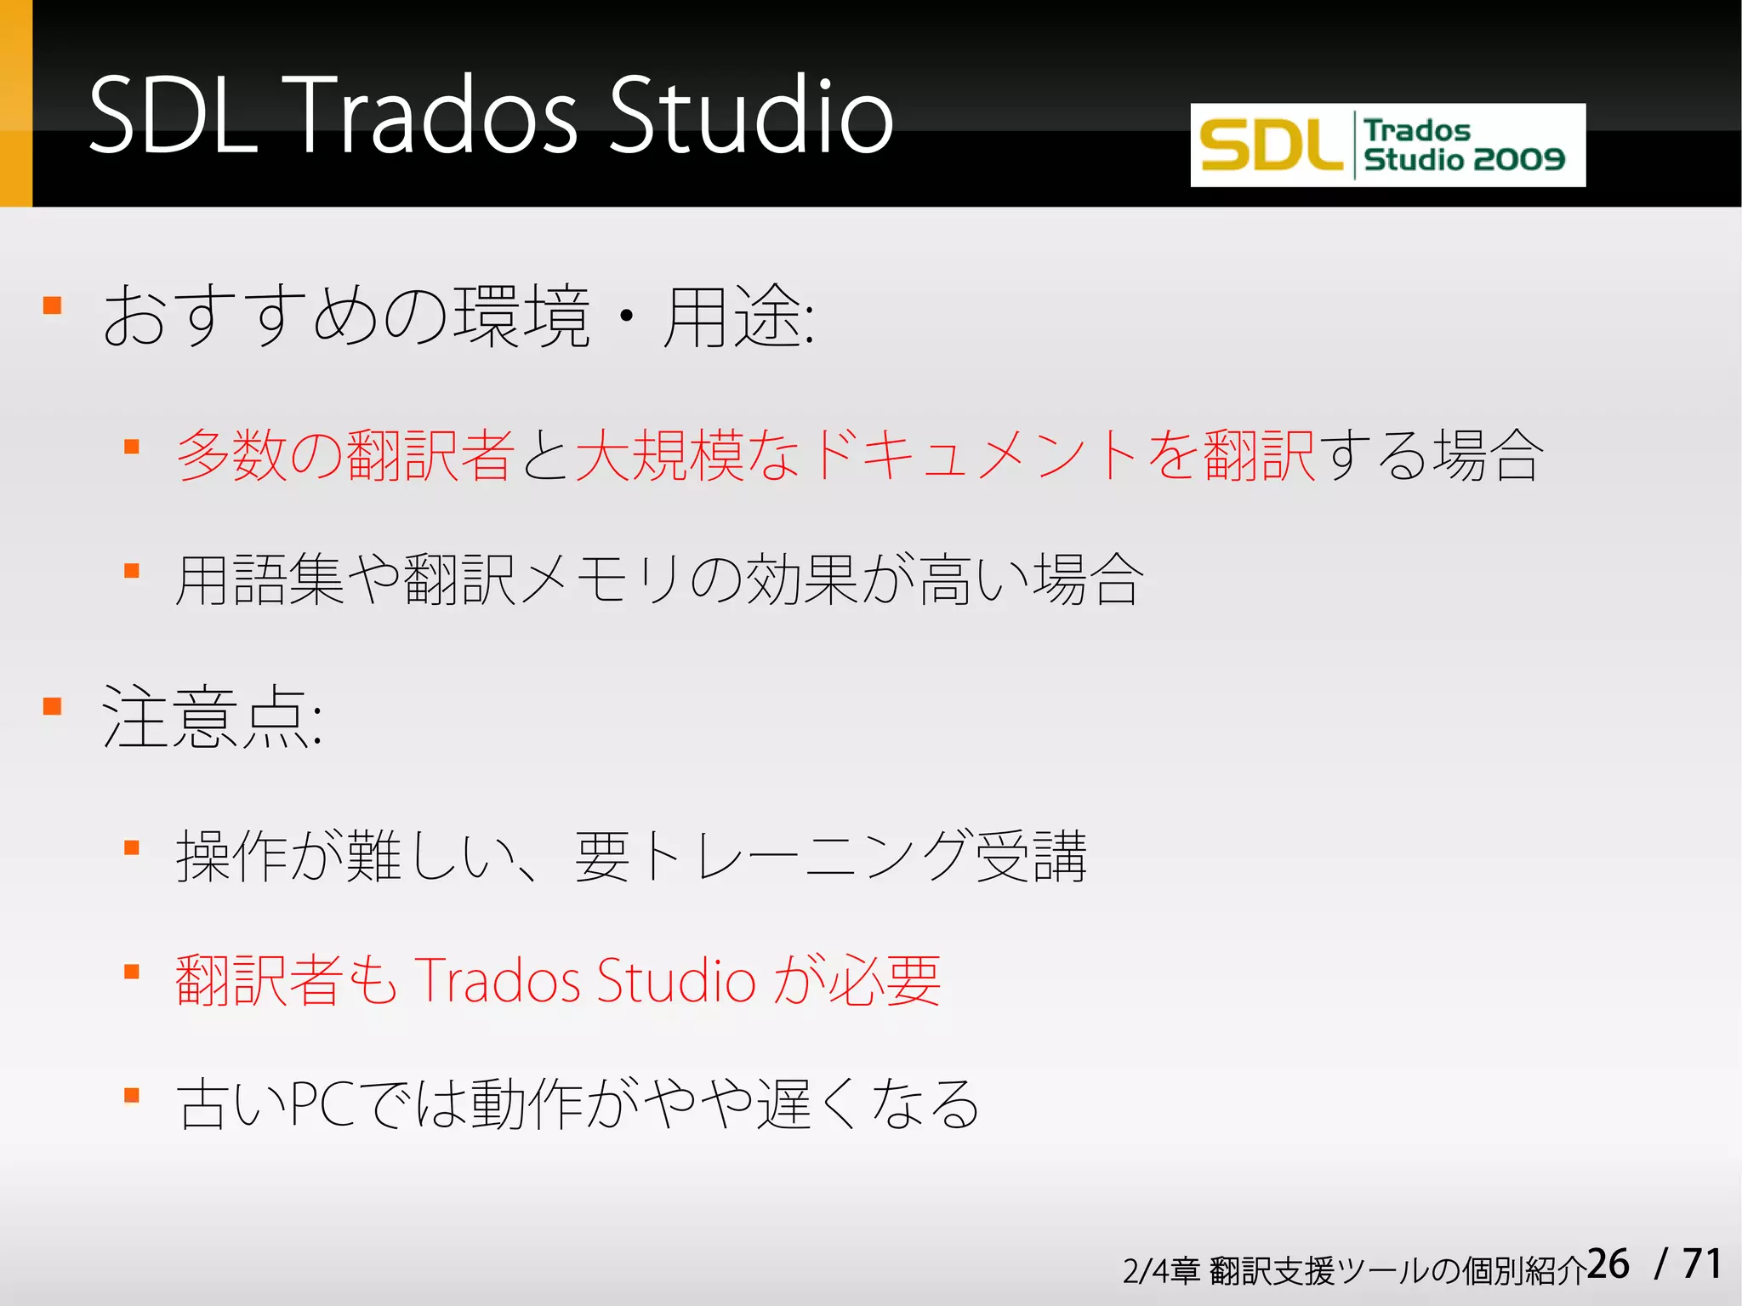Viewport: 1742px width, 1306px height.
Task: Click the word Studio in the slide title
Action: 750,115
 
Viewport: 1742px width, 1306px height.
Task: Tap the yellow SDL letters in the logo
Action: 1270,145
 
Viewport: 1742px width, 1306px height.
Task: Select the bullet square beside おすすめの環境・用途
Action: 53,305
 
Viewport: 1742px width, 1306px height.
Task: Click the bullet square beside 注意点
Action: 53,706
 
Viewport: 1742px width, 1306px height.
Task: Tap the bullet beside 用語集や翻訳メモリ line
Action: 132,571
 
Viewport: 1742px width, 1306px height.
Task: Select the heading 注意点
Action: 211,717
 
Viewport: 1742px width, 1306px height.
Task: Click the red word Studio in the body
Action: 676,980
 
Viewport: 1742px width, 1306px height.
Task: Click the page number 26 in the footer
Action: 1608,1264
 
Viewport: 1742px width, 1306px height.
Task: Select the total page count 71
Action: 1702,1264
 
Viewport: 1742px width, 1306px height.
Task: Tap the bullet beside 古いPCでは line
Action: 132,1096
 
